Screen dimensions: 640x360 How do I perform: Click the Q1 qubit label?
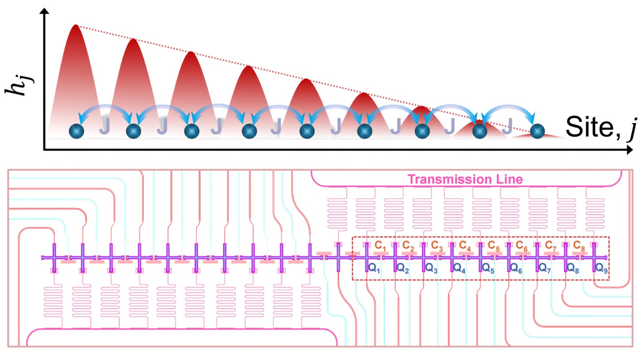coord(374,268)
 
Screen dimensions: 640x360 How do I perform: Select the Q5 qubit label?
coord(488,268)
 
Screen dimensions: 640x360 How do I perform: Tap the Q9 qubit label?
coord(602,268)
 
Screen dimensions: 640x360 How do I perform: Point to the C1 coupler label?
coord(380,246)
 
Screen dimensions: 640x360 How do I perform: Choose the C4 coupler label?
coord(465,246)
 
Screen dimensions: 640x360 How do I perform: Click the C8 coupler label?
coord(579,246)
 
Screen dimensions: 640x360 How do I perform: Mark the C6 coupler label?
coord(522,246)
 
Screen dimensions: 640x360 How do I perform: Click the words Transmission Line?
coord(465,179)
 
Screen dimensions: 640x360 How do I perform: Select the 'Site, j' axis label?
coord(602,127)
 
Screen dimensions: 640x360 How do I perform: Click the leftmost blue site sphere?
coord(76,131)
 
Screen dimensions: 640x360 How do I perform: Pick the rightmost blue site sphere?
coord(537,131)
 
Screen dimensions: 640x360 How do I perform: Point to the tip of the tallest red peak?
coord(76,25)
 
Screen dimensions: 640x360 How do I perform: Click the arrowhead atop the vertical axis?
coord(44,11)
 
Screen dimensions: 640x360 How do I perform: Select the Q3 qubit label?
coord(431,268)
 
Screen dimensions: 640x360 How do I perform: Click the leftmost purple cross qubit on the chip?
coord(54,258)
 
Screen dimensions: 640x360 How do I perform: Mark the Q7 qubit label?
coord(544,268)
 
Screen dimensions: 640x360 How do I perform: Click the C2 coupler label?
coord(408,246)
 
